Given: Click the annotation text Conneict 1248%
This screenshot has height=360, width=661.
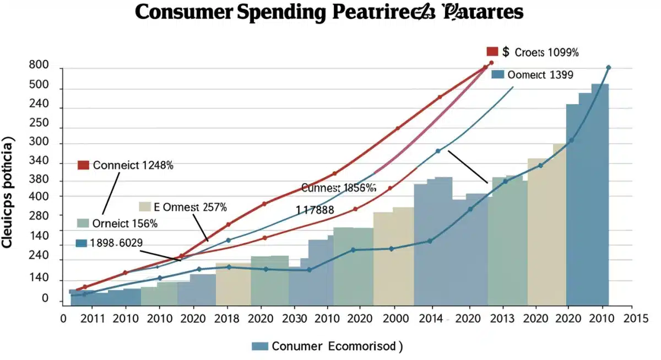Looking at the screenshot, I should [133, 165].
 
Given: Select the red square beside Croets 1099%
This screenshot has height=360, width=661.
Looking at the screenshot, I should [492, 52].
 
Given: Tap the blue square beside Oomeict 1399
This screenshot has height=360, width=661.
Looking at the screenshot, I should [498, 75].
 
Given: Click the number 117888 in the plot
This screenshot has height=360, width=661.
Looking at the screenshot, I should [315, 210].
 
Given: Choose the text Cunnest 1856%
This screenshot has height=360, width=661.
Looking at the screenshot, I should [338, 188].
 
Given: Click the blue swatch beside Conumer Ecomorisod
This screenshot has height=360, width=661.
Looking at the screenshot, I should [260, 346].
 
